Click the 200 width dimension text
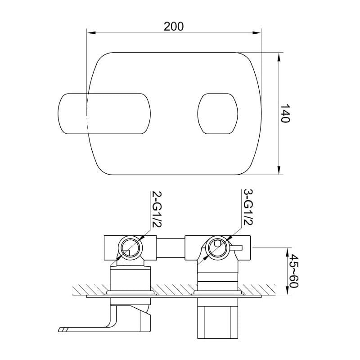coord(174,27)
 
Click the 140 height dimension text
coord(285,113)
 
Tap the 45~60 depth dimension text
coord(294,271)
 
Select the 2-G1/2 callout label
coord(157,209)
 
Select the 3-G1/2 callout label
coord(248,207)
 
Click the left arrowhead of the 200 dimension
coord(91,33)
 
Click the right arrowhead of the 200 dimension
coord(257,33)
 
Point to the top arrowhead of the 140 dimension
coord(279,57)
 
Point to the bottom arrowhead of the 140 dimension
coord(279,171)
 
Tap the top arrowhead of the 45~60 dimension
coord(287,252)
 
